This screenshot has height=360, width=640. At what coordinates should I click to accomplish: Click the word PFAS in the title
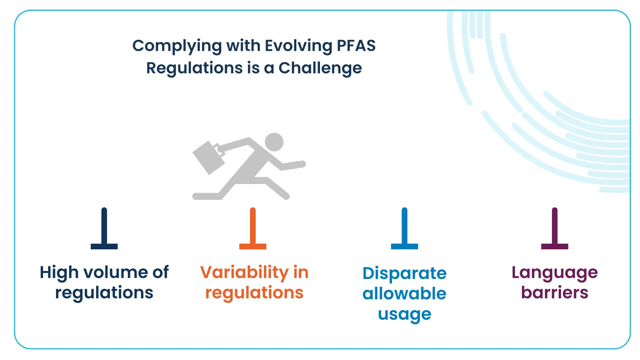[x=356, y=46]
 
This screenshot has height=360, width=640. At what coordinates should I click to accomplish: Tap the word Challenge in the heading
[x=320, y=69]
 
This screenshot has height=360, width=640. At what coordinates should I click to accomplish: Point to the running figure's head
[x=274, y=142]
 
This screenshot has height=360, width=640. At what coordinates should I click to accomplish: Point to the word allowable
[x=404, y=294]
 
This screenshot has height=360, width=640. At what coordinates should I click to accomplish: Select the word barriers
[x=555, y=293]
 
